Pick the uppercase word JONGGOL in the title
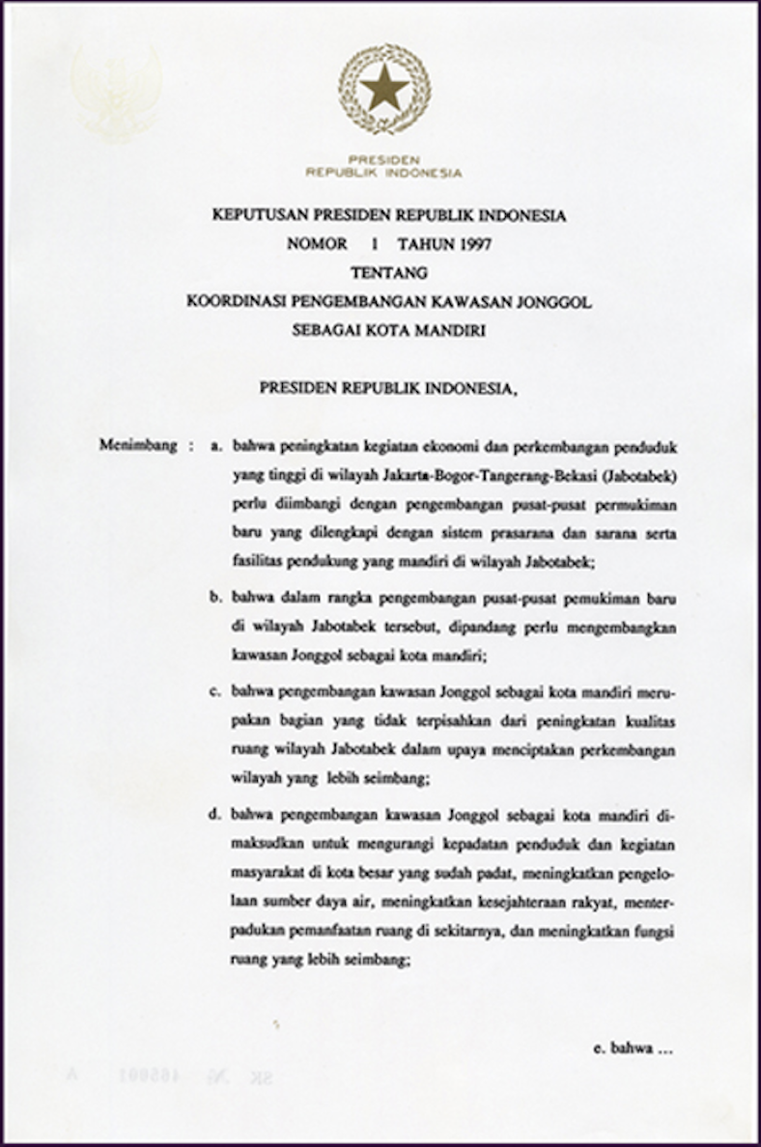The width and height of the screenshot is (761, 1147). (554, 302)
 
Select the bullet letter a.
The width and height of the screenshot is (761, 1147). (216, 447)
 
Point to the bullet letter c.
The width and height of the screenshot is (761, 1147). (216, 693)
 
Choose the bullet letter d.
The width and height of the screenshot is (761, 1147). (216, 816)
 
